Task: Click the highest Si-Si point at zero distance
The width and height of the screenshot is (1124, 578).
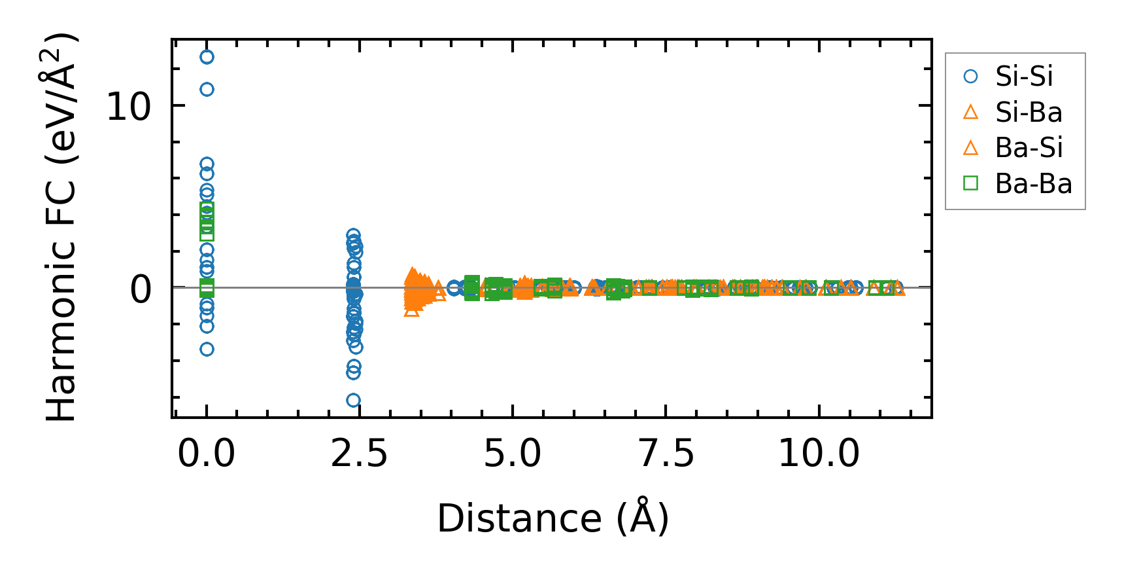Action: coord(207,57)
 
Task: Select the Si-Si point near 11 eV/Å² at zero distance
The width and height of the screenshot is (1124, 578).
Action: coord(207,89)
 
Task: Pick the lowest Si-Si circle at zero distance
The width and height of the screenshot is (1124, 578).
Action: coord(207,349)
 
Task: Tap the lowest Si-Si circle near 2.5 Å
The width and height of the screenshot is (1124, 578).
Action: coord(353,400)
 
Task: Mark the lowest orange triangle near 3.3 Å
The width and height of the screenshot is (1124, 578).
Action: coord(411,310)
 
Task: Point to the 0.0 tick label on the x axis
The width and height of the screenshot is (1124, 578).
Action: coord(206,453)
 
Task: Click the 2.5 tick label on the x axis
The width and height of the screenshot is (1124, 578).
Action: coord(359,453)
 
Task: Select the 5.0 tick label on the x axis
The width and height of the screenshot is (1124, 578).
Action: coord(512,453)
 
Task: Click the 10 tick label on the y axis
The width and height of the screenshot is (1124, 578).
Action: coord(129,106)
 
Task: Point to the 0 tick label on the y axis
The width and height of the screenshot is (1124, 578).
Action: coord(141,289)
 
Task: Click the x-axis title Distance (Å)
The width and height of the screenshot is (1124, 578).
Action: coord(553,519)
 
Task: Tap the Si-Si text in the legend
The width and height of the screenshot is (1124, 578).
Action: coord(1024,77)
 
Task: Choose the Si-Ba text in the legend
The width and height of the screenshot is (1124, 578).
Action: coord(1029,113)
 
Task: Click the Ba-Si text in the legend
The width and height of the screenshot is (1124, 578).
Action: coord(1029,148)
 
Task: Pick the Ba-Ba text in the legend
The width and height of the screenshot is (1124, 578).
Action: coord(1033,184)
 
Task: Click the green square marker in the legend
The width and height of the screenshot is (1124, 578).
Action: coord(971,183)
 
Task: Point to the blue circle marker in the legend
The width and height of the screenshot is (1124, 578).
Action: coord(971,77)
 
